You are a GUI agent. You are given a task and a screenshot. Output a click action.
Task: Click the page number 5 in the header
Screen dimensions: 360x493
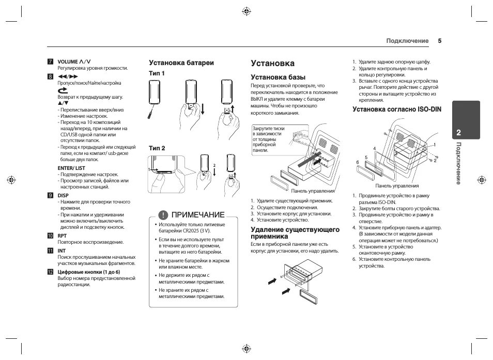click(440, 41)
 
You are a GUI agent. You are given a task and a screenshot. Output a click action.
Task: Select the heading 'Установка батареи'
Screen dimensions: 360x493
click(181, 62)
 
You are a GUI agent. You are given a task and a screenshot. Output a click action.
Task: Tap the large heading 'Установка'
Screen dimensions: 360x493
click(272, 63)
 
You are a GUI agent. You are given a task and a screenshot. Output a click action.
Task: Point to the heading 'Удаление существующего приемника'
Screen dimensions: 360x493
click(295, 232)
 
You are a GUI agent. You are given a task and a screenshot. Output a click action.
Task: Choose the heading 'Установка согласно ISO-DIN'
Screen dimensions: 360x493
click(393, 109)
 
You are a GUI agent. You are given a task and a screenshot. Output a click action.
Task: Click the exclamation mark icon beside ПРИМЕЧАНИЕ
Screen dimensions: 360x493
click(163, 214)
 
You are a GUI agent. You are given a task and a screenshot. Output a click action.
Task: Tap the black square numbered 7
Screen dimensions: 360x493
click(50, 61)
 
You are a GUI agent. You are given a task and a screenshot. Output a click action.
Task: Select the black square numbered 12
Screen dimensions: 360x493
click(50, 272)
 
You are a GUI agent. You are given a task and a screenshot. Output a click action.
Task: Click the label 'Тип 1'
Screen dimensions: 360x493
click(157, 74)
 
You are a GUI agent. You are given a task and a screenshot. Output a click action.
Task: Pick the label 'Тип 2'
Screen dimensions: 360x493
click(157, 148)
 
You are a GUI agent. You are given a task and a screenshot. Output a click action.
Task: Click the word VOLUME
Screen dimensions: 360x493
click(68, 61)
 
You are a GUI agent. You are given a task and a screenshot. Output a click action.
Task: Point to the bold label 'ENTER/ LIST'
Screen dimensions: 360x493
click(71, 168)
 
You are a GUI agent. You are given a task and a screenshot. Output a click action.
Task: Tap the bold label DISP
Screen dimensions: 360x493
click(63, 195)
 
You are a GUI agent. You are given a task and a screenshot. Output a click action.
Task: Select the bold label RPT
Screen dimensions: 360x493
click(62, 236)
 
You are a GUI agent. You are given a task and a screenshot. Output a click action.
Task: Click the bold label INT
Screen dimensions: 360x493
click(61, 251)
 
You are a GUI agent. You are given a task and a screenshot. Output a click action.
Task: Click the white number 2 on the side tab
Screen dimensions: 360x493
click(458, 133)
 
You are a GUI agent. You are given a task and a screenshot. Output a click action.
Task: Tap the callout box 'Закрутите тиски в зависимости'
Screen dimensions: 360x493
click(267, 139)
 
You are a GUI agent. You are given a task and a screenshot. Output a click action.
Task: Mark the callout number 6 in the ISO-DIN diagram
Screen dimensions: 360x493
click(357, 162)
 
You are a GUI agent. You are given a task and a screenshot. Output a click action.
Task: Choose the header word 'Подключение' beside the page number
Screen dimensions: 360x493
click(408, 41)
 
